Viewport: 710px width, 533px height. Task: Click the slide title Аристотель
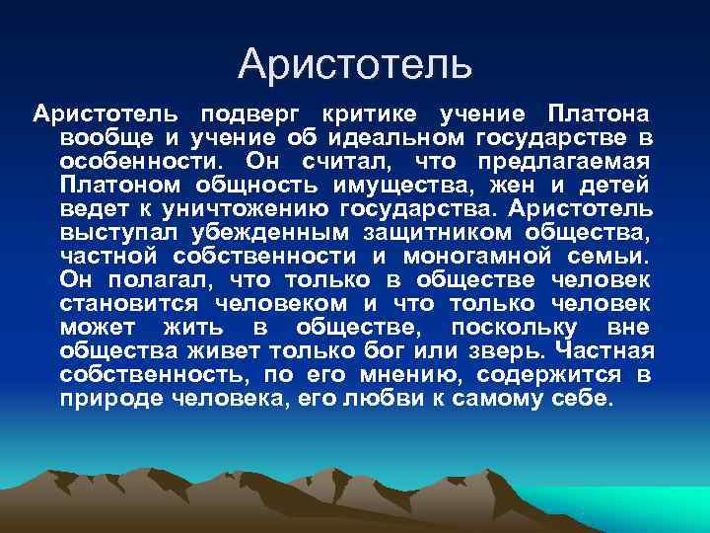pyautogui.click(x=355, y=65)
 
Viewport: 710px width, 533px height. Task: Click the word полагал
pyautogui.click(x=154, y=279)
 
